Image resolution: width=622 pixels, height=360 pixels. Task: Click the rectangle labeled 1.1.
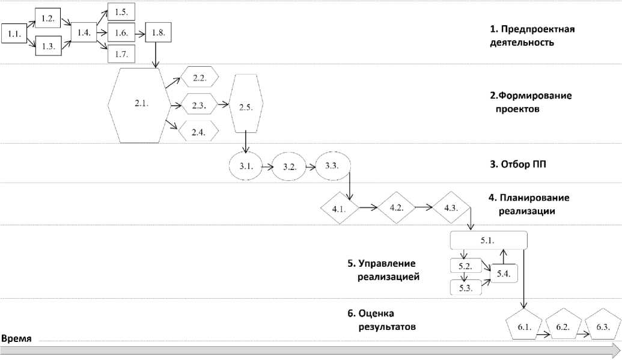point(14,34)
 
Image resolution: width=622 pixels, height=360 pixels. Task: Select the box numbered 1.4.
point(84,33)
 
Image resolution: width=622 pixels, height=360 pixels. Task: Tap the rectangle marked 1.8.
point(158,33)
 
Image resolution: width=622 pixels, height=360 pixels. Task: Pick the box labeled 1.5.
point(121,12)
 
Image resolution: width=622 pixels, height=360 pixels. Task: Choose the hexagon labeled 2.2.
point(198,78)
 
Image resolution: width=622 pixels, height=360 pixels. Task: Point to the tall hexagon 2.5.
point(245,107)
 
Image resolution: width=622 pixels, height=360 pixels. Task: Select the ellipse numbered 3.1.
point(246,166)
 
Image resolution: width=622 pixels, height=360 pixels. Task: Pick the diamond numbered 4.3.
point(451,208)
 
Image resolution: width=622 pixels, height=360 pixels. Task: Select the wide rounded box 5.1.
point(488,240)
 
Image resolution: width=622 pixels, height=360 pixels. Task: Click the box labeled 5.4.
point(504,273)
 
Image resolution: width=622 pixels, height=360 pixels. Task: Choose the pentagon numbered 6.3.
point(602,327)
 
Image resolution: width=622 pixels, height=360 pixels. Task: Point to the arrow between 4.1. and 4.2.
point(368,208)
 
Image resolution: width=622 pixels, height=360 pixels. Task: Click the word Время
point(16,339)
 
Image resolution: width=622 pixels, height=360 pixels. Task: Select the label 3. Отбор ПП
point(518,163)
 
